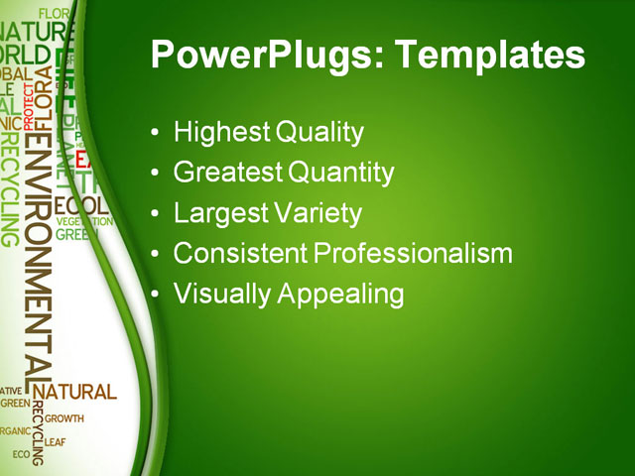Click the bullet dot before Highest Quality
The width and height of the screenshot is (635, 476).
click(x=154, y=133)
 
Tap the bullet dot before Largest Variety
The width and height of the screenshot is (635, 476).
click(x=154, y=214)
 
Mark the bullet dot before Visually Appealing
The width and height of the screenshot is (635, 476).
click(x=154, y=296)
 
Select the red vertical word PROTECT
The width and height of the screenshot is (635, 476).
click(x=28, y=105)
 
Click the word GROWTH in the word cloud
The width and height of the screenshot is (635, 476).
click(x=63, y=418)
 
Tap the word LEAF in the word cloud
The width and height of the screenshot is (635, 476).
click(x=55, y=442)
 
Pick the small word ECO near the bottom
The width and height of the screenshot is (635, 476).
click(x=21, y=454)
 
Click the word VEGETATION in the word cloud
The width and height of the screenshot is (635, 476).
click(x=83, y=221)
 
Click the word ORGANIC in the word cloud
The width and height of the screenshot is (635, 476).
click(x=15, y=431)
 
